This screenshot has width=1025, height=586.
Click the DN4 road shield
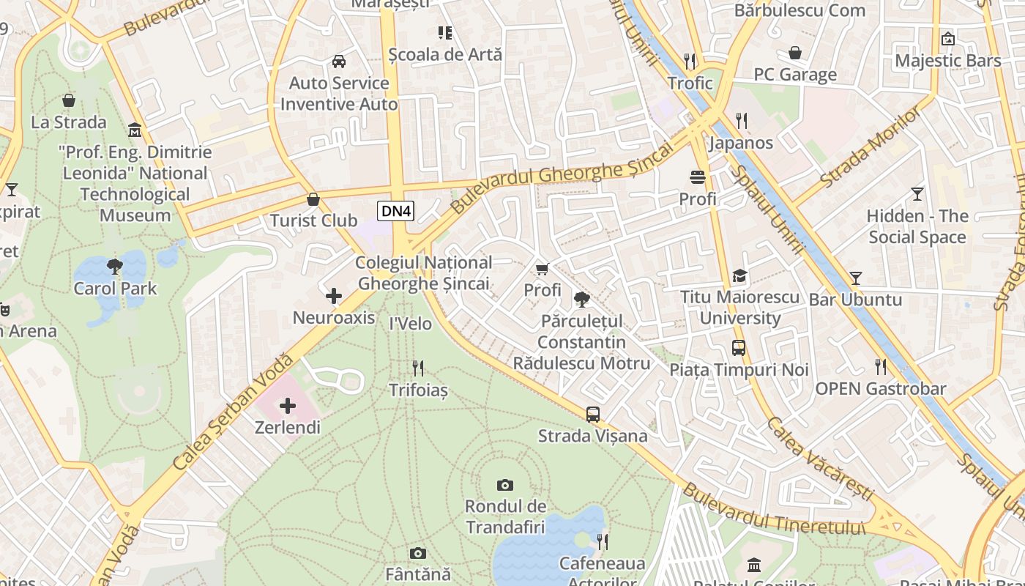tap(396, 212)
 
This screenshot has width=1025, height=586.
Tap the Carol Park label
tap(115, 288)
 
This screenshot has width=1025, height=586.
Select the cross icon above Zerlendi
tap(288, 405)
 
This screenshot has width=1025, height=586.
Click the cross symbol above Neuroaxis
tap(334, 296)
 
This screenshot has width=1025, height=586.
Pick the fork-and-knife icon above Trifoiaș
tap(418, 368)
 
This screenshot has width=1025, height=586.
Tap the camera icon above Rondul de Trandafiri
tap(504, 485)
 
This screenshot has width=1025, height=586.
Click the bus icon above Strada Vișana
tap(593, 415)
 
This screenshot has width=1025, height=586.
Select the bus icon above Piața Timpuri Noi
tap(739, 348)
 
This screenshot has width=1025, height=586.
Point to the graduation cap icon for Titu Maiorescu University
tap(740, 276)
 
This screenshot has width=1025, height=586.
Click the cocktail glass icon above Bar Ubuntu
tap(855, 278)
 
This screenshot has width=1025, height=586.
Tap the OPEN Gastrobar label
tap(881, 389)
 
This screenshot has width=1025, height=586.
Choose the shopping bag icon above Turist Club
tap(313, 199)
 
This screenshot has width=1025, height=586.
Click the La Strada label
tap(69, 122)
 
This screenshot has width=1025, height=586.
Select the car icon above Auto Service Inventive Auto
tap(339, 62)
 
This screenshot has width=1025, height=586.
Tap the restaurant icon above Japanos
tap(742, 121)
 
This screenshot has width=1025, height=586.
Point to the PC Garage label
tap(795, 75)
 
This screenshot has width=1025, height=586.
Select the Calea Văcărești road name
tap(820, 460)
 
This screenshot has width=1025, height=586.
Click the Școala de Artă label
tap(445, 54)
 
